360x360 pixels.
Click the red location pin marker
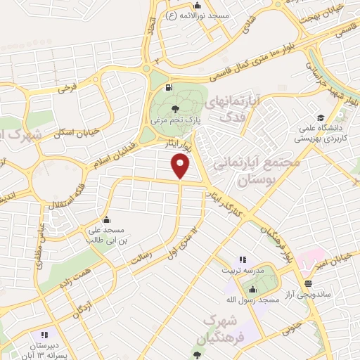(x=181, y=166)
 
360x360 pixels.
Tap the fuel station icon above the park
(x=167, y=88)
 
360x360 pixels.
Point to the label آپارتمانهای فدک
(x=234, y=109)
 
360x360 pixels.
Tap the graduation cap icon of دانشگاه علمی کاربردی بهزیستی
(x=321, y=117)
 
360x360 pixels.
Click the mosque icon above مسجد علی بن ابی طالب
(x=105, y=219)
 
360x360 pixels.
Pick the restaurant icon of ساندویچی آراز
(x=308, y=283)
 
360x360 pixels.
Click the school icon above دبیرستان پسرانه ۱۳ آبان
(x=44, y=335)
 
